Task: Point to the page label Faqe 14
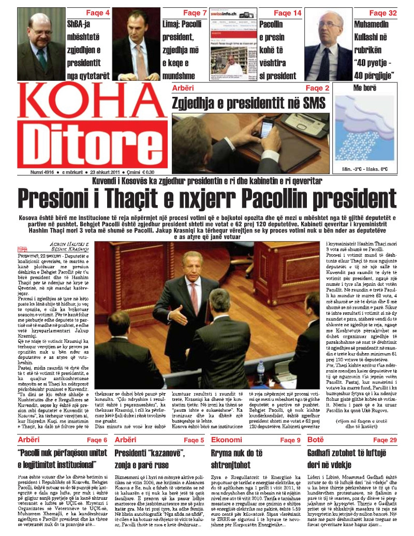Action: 287,12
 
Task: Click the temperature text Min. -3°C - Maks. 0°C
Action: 364,169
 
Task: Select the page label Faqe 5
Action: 194,440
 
